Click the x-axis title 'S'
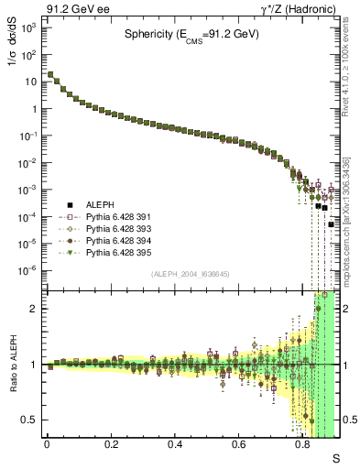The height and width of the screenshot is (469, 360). coord(335,457)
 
